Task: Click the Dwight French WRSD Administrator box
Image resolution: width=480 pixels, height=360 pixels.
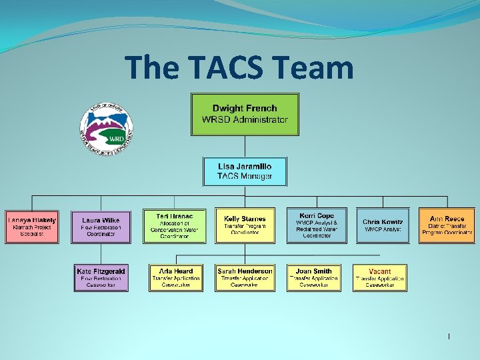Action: pos(245,114)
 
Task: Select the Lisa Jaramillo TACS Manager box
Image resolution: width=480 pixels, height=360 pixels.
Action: pos(245,171)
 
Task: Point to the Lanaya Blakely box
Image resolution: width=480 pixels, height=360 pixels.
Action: pos(31,226)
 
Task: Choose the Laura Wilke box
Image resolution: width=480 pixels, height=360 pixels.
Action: pos(101,226)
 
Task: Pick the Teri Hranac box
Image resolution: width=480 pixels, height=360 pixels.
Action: pos(174,226)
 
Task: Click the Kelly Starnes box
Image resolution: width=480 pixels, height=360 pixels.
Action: pos(245,226)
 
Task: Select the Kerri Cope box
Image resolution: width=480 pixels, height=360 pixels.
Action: pos(317,226)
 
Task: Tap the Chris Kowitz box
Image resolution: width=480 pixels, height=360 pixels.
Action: pos(382,226)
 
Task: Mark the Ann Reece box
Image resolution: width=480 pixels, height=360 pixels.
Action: pos(447,226)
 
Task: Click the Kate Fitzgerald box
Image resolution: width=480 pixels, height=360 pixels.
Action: pos(101,277)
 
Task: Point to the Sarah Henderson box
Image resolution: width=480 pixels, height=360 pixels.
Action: pos(245,277)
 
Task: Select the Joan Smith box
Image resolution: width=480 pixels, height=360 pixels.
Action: pos(313,277)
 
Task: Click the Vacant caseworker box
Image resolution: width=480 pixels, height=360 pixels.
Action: pos(380,277)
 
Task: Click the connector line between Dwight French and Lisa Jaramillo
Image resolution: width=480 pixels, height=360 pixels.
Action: pos(245,146)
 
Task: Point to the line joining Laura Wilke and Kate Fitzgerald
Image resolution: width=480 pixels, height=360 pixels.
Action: pos(101,253)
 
